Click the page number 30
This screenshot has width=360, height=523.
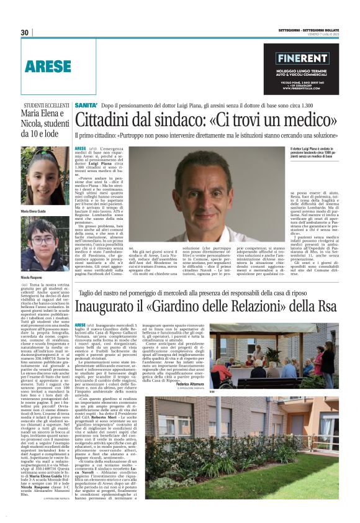pos(25,33)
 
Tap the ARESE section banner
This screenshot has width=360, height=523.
pos(49,65)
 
